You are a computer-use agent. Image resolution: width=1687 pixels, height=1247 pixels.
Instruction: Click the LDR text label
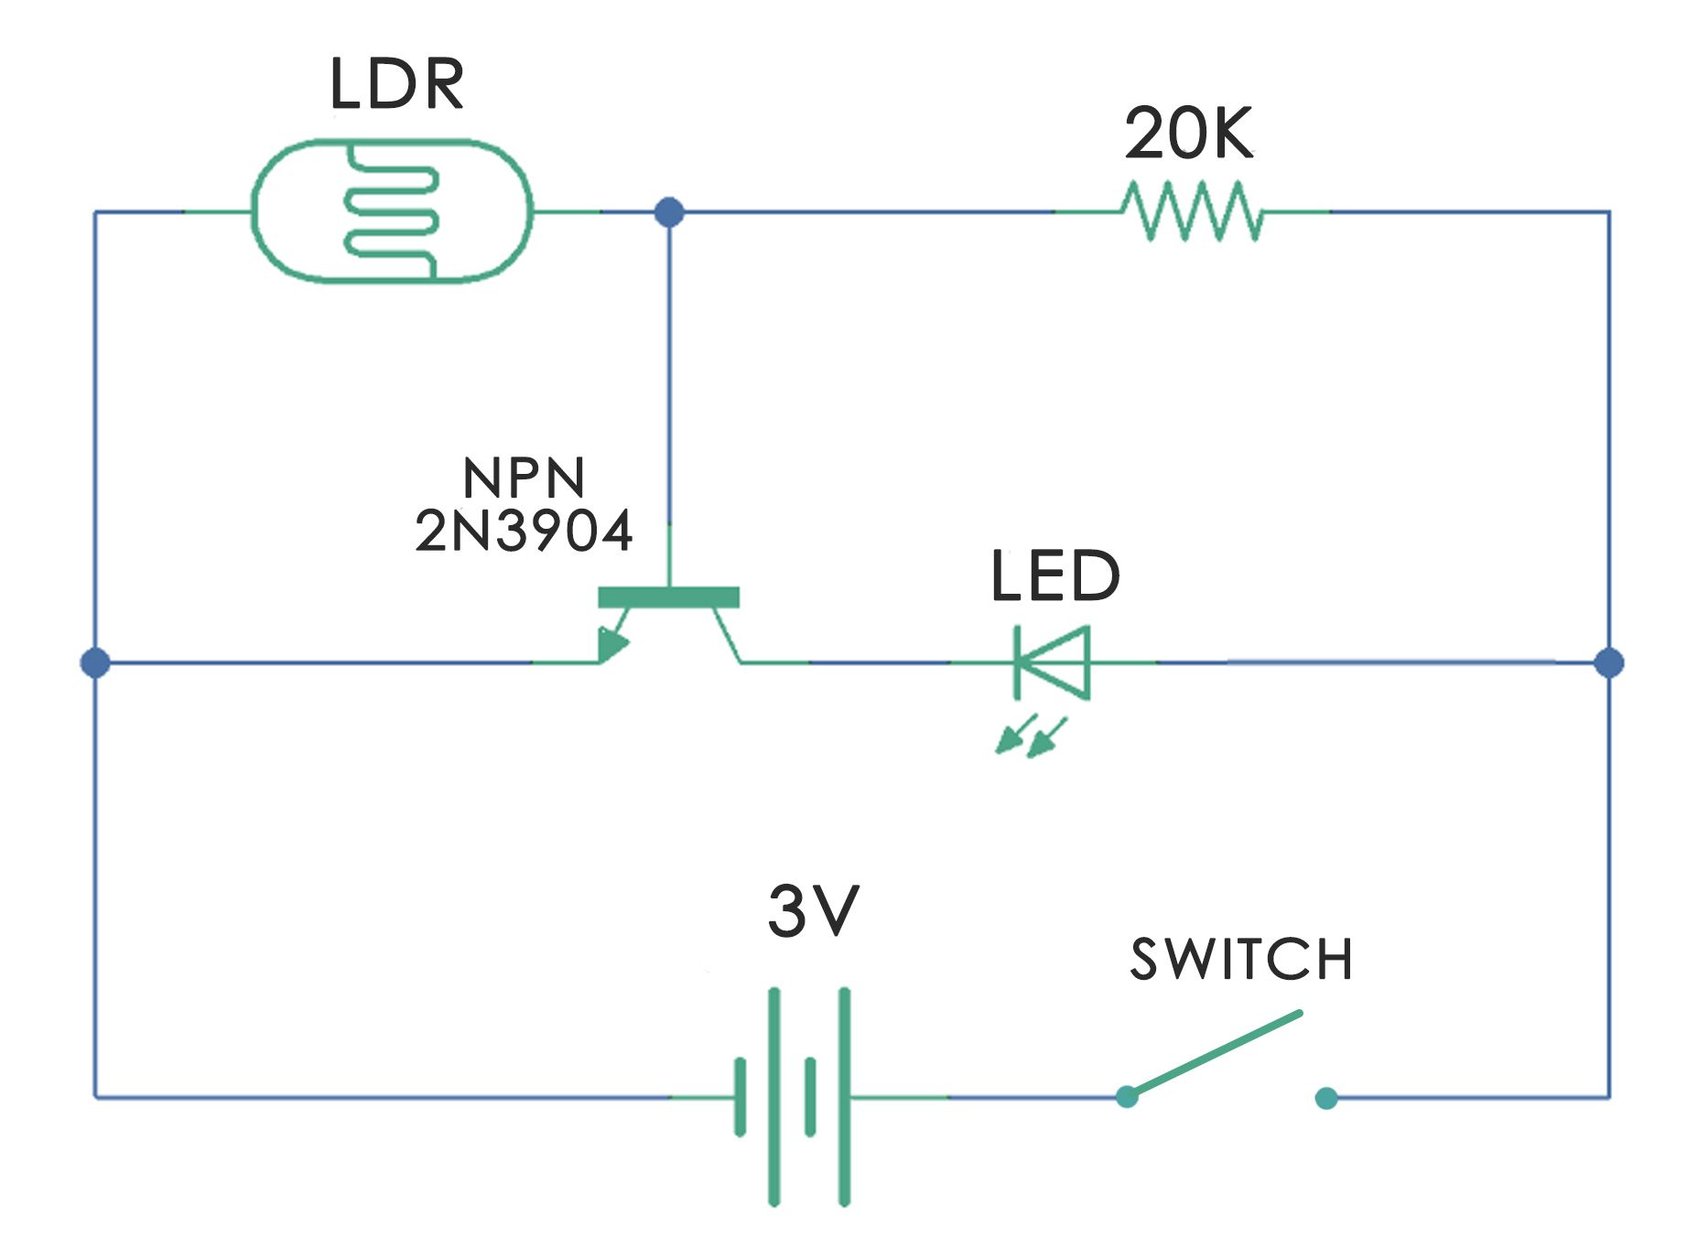[x=396, y=84]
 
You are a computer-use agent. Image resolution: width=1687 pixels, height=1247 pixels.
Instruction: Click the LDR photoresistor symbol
[x=391, y=211]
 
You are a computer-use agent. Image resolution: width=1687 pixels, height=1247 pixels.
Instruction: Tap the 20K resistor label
[x=1187, y=134]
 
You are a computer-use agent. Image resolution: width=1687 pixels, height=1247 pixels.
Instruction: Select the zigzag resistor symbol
[x=1192, y=211]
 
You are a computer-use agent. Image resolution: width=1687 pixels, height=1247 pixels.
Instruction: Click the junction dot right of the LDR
[x=669, y=212]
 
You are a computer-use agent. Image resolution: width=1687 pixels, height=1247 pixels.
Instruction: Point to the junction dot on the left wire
[x=95, y=662]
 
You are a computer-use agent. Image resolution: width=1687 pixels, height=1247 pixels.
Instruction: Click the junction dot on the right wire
[x=1608, y=662]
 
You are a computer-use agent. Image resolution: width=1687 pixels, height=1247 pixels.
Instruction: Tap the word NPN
[x=524, y=478]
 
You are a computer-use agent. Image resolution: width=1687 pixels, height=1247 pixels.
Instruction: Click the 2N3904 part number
[x=524, y=531]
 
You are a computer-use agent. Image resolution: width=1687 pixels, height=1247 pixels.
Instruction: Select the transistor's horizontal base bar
[x=668, y=597]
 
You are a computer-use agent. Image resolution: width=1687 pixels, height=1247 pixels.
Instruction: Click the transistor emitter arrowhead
[x=611, y=644]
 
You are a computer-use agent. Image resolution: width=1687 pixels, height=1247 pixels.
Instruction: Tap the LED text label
[x=1054, y=576]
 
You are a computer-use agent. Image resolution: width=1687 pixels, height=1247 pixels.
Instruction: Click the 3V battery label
[x=813, y=911]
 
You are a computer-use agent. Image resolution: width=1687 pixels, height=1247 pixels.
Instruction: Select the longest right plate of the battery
[x=844, y=1096]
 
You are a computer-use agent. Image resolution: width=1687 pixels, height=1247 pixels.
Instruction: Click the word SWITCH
[x=1241, y=960]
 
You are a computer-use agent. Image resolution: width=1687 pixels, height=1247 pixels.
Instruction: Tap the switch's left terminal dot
[x=1127, y=1096]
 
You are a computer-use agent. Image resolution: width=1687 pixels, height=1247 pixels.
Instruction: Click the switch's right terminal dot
[x=1325, y=1098]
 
